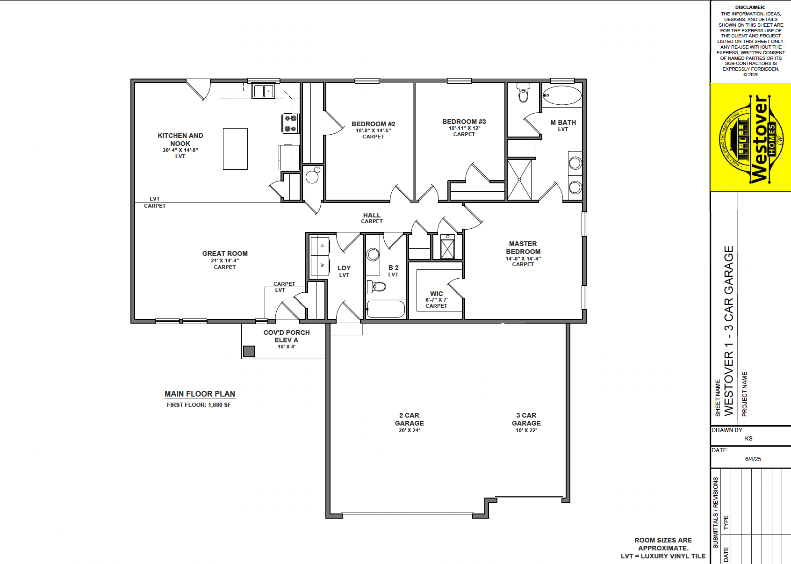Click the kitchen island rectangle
(x=235, y=149)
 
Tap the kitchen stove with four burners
(x=291, y=123)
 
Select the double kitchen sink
(x=264, y=91)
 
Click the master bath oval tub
(x=562, y=95)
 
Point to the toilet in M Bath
(x=523, y=93)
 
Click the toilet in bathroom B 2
(x=376, y=286)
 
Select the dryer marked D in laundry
(x=320, y=246)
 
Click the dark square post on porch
(x=249, y=351)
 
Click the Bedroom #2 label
(x=373, y=124)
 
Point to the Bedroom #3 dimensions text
(x=464, y=128)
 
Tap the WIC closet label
(x=437, y=294)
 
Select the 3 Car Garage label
(x=526, y=419)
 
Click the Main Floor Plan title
(x=200, y=394)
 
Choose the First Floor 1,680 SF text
(x=199, y=405)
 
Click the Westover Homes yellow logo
(x=750, y=138)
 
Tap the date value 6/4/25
(x=753, y=459)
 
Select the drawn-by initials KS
(x=748, y=438)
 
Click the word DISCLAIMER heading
(x=750, y=7)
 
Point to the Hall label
(x=372, y=215)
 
